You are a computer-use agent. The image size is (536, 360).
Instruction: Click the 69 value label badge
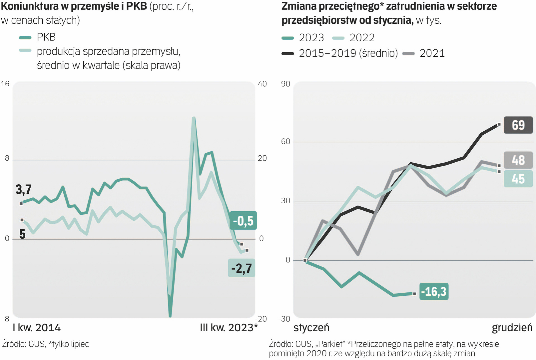click(x=518, y=125)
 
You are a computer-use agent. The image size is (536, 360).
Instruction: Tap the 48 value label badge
click(x=518, y=160)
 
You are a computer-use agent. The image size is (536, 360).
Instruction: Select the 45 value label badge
click(x=518, y=179)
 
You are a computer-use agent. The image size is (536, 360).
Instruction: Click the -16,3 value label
click(x=433, y=292)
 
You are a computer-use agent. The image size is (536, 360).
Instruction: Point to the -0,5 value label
click(x=243, y=221)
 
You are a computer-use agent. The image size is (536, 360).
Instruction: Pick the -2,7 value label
click(x=242, y=268)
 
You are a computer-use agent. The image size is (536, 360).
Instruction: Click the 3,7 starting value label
click(x=24, y=189)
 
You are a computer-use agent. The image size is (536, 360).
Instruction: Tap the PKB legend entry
click(x=46, y=37)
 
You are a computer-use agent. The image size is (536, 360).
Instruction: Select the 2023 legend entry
click(x=311, y=38)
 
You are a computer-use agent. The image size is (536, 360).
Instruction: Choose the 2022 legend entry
click(x=362, y=38)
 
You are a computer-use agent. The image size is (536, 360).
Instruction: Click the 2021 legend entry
click(x=432, y=53)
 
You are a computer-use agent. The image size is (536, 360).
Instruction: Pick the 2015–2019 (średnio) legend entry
click(x=348, y=53)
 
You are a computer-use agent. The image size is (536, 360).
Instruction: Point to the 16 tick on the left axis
click(x=5, y=84)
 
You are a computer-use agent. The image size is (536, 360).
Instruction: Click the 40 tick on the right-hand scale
click(x=262, y=84)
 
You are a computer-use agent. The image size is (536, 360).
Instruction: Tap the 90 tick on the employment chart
click(x=285, y=84)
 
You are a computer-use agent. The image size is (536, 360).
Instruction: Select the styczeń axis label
click(x=311, y=328)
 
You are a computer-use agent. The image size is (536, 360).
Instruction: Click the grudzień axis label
click(x=512, y=328)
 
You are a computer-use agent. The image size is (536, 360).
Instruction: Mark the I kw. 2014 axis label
click(x=37, y=328)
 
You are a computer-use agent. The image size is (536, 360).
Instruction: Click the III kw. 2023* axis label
click(x=229, y=328)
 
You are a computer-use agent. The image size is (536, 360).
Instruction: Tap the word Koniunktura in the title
click(x=32, y=6)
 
